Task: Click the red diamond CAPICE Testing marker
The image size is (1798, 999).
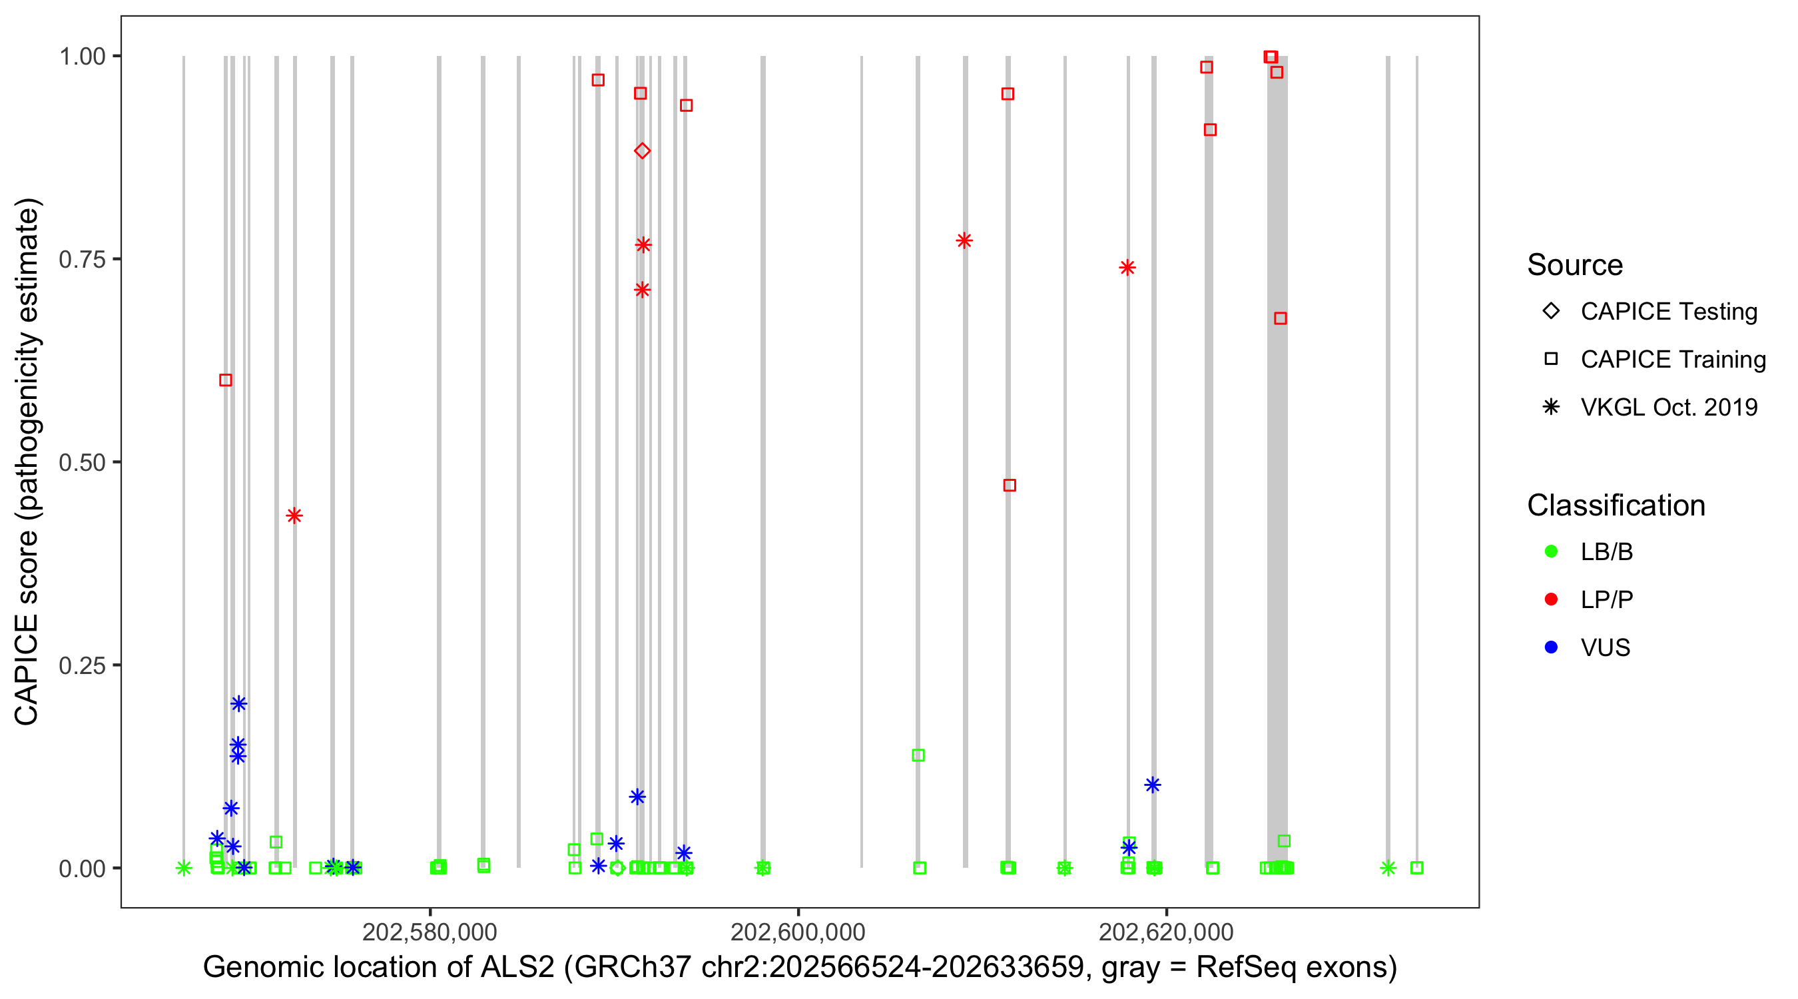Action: (x=642, y=151)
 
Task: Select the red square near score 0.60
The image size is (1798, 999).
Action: (x=226, y=380)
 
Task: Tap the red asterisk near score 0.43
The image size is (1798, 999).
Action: (x=294, y=516)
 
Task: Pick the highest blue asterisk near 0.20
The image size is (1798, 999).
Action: (x=238, y=704)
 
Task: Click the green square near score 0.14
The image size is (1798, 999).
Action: (x=918, y=755)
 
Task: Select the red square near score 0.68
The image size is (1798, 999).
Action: (x=1280, y=318)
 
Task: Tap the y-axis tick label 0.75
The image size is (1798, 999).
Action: (x=82, y=260)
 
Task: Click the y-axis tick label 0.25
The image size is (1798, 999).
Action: (x=82, y=665)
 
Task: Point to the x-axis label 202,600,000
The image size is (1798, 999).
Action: (x=798, y=932)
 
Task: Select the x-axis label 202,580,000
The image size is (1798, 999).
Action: (x=430, y=932)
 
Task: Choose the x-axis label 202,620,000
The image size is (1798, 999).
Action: (x=1166, y=932)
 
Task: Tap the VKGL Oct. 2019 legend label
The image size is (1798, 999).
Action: (x=1669, y=407)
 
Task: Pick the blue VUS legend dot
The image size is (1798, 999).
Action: (x=1552, y=647)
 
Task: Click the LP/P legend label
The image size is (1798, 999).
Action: (x=1607, y=599)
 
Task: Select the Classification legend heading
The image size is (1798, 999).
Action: (x=1616, y=505)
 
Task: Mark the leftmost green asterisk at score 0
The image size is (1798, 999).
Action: (x=184, y=868)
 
